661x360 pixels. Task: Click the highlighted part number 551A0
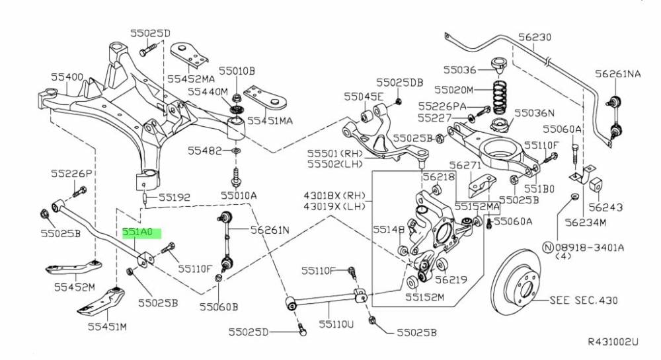coord(137,233)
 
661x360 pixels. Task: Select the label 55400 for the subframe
coord(68,77)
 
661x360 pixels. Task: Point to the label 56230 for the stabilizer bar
coord(535,38)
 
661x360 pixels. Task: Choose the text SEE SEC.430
coord(584,300)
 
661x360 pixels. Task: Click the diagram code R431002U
coord(613,342)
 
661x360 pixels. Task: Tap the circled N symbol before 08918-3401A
coord(547,246)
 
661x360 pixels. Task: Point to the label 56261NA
coord(617,74)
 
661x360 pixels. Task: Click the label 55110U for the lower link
coord(336,324)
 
